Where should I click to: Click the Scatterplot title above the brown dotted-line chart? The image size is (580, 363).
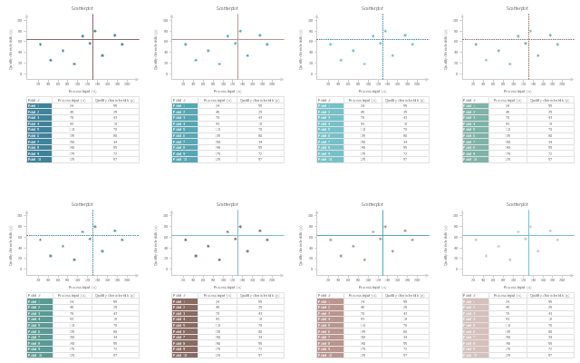coord(372,204)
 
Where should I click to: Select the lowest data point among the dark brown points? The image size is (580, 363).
coord(219,260)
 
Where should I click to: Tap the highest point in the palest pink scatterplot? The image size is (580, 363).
coord(530,227)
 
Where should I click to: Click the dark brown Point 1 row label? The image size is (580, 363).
coord(185,301)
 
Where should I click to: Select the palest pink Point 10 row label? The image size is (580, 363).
coord(475,355)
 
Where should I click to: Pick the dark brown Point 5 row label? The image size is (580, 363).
coord(185,325)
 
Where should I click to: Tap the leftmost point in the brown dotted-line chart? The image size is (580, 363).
coord(330,240)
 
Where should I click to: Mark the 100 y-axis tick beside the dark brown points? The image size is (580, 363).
coord(164,215)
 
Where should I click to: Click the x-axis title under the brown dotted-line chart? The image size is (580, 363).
coord(372,287)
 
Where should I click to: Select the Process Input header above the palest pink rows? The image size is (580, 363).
coord(507,295)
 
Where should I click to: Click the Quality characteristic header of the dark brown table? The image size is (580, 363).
coord(260,295)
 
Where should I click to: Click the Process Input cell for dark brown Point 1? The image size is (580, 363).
coord(217,301)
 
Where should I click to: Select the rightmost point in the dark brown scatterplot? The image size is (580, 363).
coord(267,240)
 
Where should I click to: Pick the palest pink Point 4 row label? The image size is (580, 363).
coord(475,319)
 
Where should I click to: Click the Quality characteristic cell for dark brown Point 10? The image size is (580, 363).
coord(260,355)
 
